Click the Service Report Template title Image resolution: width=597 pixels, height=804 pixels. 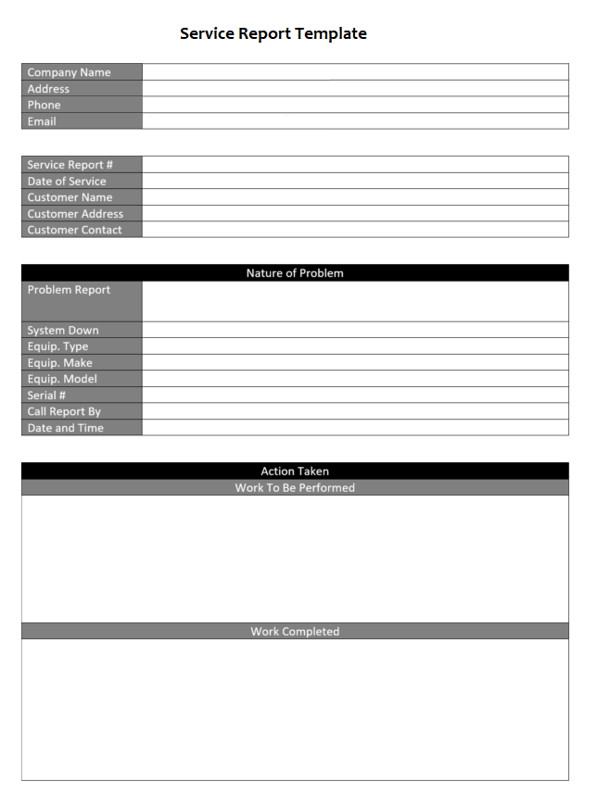tap(273, 34)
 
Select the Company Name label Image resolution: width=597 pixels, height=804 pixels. tap(69, 72)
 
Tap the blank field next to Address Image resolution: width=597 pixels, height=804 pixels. tap(355, 89)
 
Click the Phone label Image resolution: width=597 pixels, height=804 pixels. tap(44, 105)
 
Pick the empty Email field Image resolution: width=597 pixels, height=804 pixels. tap(355, 121)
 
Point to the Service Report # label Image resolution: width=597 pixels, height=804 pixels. tap(70, 165)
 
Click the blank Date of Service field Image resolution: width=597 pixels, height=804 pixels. tap(355, 182)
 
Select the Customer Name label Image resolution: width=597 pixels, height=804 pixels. tap(70, 197)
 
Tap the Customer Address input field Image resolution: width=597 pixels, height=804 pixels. tap(355, 214)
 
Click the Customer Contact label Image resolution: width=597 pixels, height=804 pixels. tap(74, 230)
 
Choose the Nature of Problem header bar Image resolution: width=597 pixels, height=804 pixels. tap(295, 273)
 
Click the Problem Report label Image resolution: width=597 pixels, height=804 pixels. tap(69, 290)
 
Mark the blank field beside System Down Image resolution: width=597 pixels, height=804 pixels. tap(355, 331)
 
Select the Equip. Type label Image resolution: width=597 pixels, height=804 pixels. tap(57, 346)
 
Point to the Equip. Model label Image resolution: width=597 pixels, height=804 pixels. tap(62, 379)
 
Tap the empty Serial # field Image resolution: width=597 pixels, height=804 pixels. tap(355, 396)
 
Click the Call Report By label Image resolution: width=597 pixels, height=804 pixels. tap(64, 411)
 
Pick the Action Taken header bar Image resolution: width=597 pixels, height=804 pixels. tap(295, 471)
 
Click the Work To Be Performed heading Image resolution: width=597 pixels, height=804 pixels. tap(295, 488)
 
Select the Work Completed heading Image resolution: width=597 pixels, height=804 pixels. tap(295, 632)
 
